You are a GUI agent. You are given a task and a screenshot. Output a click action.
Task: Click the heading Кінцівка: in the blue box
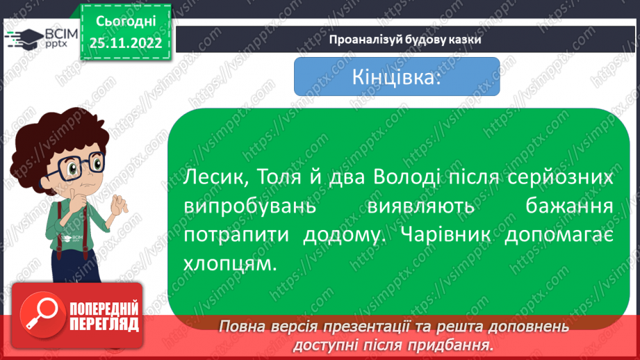tap(397, 76)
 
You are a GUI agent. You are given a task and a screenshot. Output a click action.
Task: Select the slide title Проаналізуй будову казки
tap(406, 39)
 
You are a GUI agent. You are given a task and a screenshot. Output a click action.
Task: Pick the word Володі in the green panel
tap(409, 179)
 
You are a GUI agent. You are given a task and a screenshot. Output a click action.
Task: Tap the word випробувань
tap(251, 207)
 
